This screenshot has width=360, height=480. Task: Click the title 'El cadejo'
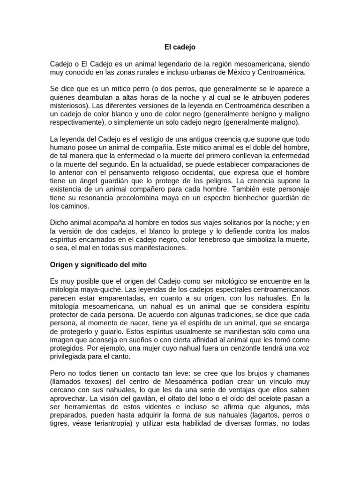coord(180,47)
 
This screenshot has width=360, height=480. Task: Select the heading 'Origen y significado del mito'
coord(98,265)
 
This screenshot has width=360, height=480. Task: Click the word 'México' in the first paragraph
coord(243,72)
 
